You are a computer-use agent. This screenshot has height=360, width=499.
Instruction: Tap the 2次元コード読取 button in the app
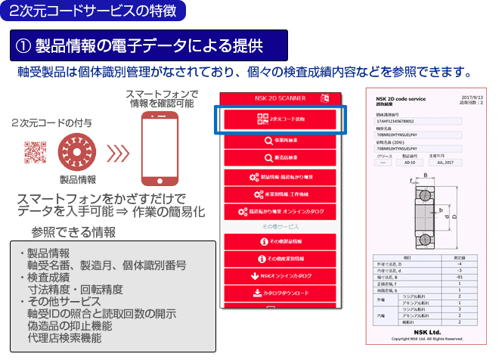281,120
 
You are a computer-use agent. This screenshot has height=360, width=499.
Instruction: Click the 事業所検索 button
281,140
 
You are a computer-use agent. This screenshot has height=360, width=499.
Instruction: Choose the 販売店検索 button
281,158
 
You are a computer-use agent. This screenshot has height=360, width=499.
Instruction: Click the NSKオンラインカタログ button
281,277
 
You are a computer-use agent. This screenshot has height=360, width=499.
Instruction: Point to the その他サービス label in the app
281,225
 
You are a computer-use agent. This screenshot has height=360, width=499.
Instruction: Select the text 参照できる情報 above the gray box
73,231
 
